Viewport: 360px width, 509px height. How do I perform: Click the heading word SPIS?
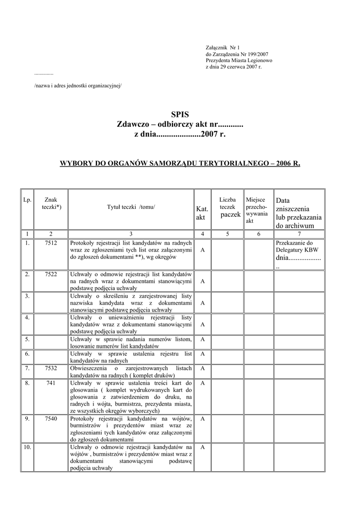point(180,114)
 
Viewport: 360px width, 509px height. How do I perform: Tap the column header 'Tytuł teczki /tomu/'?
point(131,207)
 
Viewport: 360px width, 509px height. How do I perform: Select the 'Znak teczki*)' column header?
point(50,203)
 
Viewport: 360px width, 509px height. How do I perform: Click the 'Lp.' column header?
point(27,200)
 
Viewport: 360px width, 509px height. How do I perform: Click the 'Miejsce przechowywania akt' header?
point(257,210)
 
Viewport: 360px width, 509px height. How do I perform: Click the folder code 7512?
point(50,243)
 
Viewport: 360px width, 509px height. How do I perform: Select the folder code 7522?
point(50,274)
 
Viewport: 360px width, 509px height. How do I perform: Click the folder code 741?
point(50,383)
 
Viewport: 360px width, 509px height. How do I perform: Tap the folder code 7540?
point(50,419)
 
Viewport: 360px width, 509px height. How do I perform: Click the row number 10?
point(27,447)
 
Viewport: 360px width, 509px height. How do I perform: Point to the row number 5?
point(27,339)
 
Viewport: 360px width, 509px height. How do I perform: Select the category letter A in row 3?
point(202,303)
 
